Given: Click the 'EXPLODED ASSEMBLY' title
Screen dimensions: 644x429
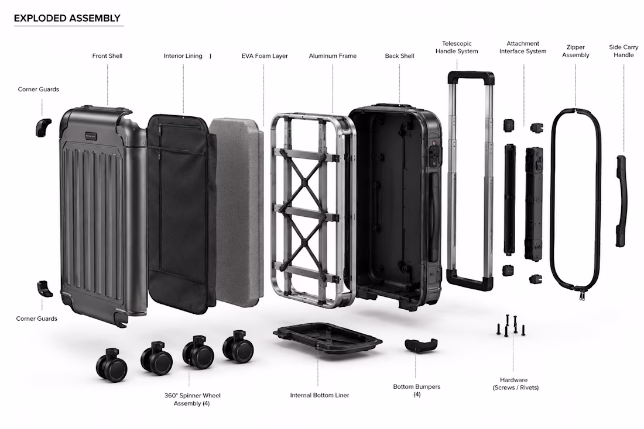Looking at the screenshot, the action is point(67,18).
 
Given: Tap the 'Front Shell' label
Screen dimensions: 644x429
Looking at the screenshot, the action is point(107,56).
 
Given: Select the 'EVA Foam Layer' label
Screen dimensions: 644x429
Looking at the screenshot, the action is point(265,56).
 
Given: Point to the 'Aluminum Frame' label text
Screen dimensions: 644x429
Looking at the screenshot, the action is point(333,56).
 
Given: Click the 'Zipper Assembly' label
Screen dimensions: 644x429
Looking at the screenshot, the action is point(576,51).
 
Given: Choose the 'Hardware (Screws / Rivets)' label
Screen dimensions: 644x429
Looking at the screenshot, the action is point(515,383).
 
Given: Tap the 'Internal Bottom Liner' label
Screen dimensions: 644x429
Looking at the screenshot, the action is point(320,395).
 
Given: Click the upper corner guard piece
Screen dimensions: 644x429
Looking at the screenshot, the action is point(43,127).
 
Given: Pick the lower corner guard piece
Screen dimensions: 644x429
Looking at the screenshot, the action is point(44,288).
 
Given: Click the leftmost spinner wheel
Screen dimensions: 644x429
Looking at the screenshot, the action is point(111,365).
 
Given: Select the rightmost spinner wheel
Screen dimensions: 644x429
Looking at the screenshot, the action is point(238,347).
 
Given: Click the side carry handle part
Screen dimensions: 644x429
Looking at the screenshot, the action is point(621,201).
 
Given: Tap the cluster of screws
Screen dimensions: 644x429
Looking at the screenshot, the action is point(511,326).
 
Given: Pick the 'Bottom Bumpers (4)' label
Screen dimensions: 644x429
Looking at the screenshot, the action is point(416,390).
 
